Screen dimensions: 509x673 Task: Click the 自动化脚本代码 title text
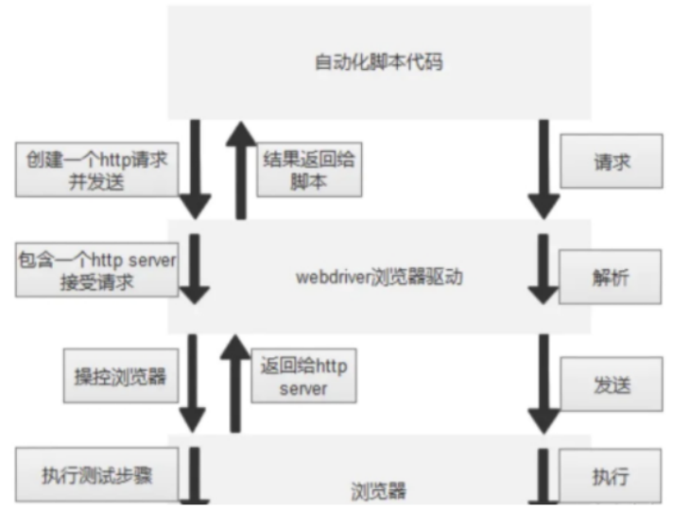[x=377, y=63]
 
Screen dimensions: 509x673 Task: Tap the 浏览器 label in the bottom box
[x=377, y=490]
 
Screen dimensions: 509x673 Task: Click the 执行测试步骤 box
[x=96, y=474]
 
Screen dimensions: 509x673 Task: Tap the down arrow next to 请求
[x=542, y=168]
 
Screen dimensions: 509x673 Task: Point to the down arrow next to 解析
[x=542, y=271]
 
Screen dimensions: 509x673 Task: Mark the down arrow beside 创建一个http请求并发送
[x=195, y=168]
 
